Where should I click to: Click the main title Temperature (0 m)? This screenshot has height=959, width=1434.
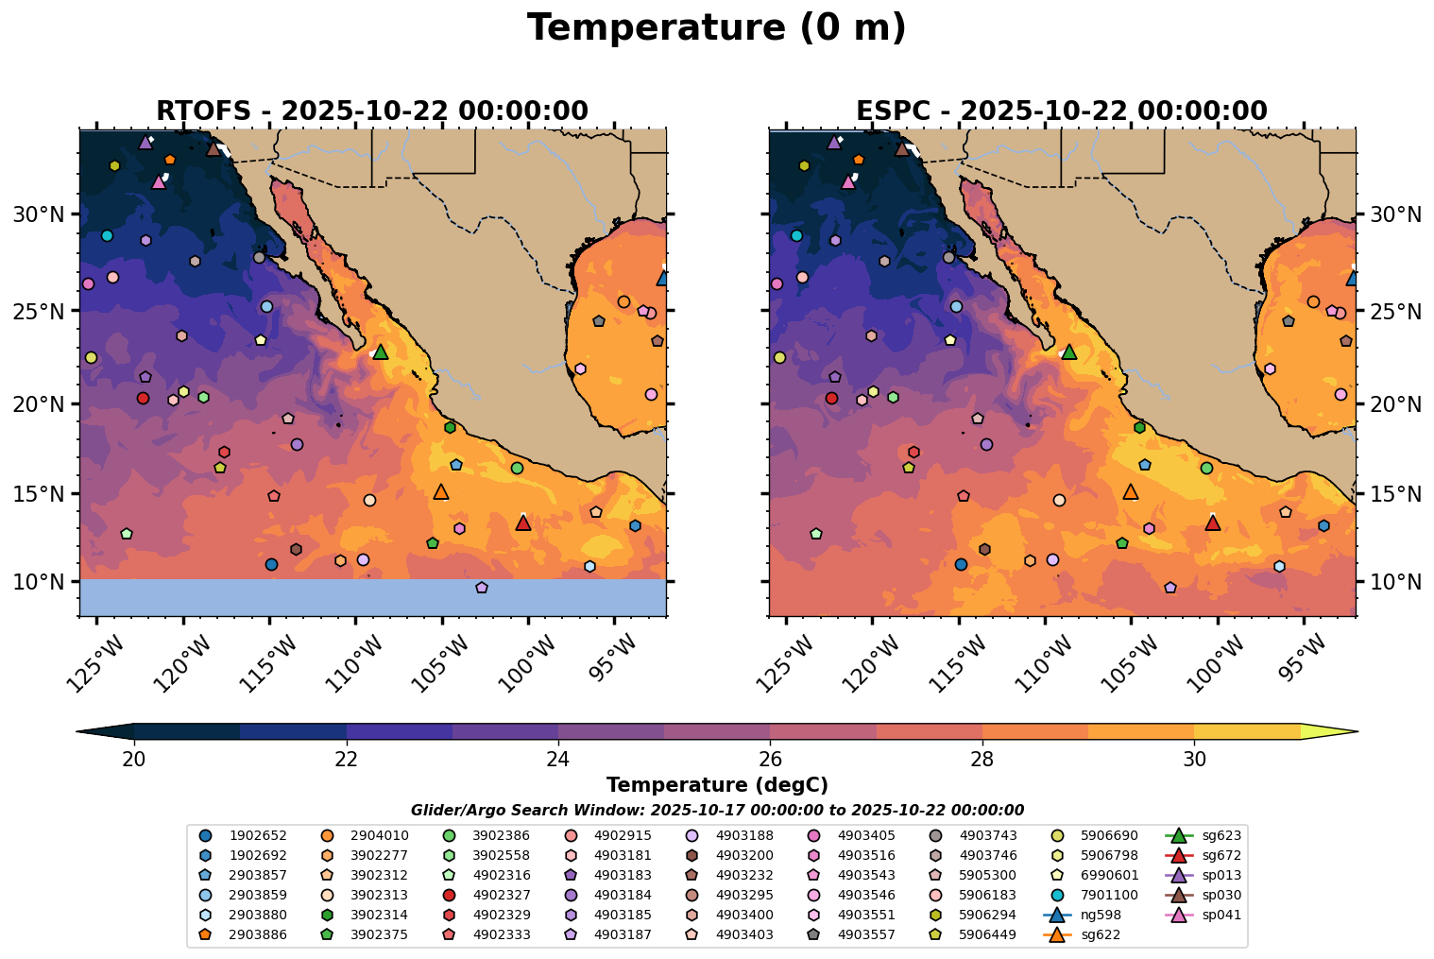[x=716, y=28]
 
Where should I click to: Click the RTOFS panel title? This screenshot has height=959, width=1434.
[x=372, y=111]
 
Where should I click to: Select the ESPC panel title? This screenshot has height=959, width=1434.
[x=1062, y=111]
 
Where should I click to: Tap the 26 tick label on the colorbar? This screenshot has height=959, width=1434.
[x=771, y=761]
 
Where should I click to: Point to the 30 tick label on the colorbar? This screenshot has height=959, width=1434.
[x=1194, y=761]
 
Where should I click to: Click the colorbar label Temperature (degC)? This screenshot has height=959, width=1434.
[x=717, y=785]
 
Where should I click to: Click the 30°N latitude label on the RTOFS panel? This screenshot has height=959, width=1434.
[x=39, y=214]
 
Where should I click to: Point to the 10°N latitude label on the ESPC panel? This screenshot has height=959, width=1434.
[x=1395, y=581]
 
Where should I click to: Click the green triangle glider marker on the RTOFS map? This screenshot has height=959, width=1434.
[x=381, y=352]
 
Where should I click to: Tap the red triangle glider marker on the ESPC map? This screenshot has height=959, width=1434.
[x=1213, y=522]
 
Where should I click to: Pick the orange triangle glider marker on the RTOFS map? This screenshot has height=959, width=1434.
[x=441, y=491]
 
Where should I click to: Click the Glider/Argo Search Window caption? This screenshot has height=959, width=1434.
[x=717, y=811]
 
